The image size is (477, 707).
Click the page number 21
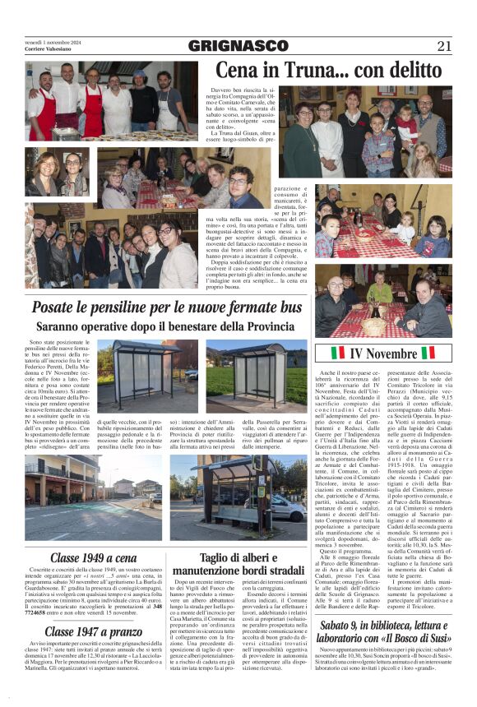445,45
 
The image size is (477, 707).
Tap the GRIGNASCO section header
238,46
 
